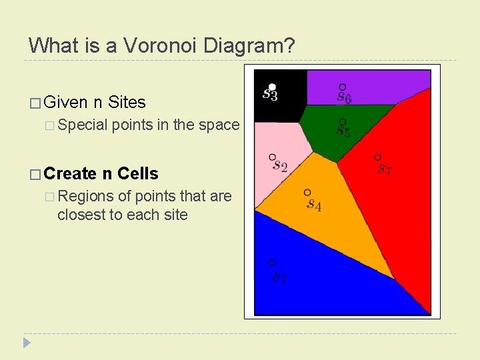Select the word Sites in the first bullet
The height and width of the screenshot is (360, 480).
(126, 102)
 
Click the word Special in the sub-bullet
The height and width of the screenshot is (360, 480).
(82, 125)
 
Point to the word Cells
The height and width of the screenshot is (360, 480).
(138, 174)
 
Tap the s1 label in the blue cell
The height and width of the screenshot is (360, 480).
(279, 277)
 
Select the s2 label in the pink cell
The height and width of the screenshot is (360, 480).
(279, 166)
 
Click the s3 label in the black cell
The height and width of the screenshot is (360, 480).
(270, 95)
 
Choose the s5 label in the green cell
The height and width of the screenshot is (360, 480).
(343, 131)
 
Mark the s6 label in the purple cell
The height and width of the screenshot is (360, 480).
(344, 97)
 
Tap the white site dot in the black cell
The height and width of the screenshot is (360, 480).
(272, 87)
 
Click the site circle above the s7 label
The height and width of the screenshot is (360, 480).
(377, 157)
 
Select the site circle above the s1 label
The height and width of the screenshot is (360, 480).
(272, 263)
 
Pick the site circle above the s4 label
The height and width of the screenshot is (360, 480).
(307, 193)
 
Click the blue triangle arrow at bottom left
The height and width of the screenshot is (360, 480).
(27, 343)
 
